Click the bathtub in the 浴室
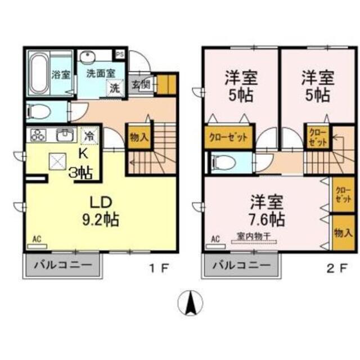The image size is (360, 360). (38, 74)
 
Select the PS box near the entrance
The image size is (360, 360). (120, 55)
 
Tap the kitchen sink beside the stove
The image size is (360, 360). (65, 136)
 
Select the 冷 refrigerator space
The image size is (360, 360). (89, 136)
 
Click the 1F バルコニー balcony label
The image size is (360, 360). (61, 264)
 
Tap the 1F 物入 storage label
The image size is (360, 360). (139, 137)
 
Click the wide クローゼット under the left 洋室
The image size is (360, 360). (228, 138)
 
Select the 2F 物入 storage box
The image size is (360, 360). (340, 231)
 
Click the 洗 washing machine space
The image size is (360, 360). (114, 88)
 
